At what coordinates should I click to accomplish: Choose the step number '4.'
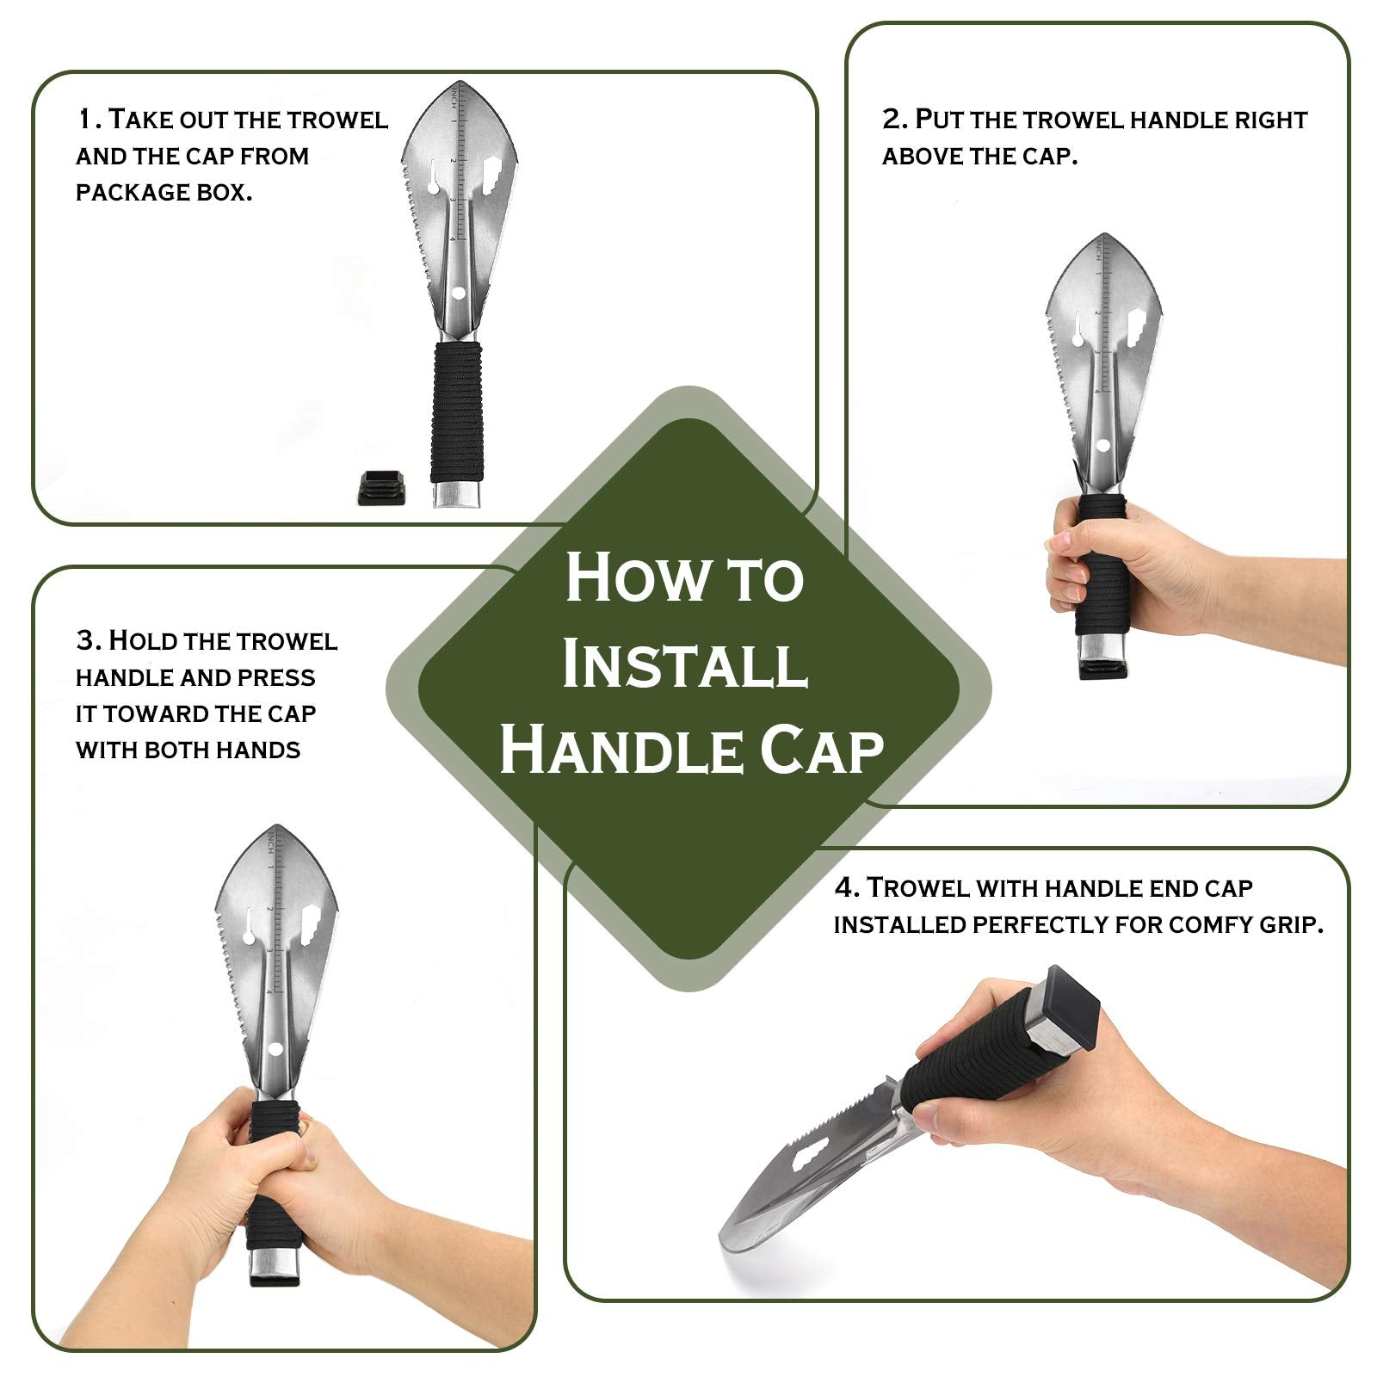[847, 887]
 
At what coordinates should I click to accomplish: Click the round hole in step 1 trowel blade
[458, 293]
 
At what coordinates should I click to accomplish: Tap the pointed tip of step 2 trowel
[1103, 233]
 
